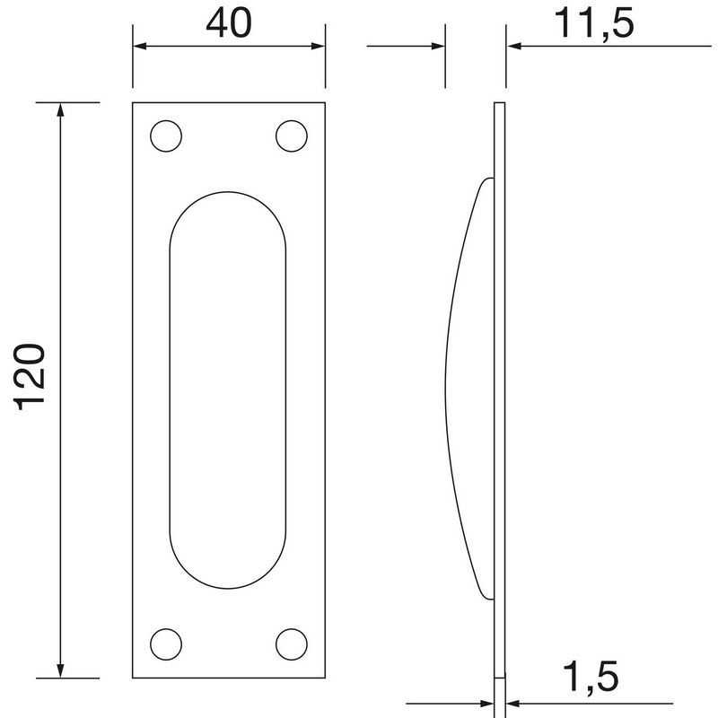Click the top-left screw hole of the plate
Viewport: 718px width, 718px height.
[165, 136]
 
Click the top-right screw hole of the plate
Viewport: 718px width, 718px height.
[290, 136]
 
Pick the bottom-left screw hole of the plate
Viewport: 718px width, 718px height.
[165, 643]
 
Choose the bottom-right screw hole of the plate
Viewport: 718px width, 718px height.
[290, 643]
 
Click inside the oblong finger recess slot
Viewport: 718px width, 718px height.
[228, 390]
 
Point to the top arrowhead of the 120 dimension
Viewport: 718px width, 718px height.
[61, 110]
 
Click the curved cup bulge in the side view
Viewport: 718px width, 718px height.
[471, 386]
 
